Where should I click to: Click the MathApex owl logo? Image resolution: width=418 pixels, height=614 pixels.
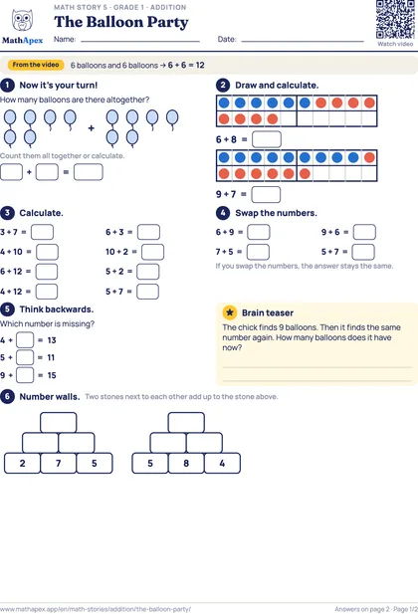click(x=22, y=20)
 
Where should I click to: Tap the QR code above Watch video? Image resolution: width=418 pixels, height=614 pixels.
click(x=395, y=19)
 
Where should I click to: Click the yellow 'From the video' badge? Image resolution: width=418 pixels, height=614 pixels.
click(x=36, y=65)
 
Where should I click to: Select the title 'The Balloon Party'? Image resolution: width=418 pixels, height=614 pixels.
click(x=121, y=22)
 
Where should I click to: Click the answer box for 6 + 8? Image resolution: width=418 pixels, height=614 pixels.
click(x=267, y=139)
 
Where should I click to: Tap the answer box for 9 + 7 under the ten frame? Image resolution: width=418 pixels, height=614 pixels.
click(x=266, y=195)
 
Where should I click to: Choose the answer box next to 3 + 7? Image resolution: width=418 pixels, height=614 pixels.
click(x=43, y=232)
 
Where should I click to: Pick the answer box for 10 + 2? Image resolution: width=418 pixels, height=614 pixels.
click(x=152, y=252)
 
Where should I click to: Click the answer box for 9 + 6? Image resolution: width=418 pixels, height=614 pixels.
click(x=364, y=232)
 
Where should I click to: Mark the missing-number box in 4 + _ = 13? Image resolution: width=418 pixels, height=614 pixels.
click(x=25, y=340)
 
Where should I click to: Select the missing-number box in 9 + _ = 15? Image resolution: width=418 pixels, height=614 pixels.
click(x=25, y=375)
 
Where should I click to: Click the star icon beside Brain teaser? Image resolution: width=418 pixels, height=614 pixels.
click(x=230, y=312)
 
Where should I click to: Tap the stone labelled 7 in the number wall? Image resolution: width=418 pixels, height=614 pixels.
click(x=59, y=464)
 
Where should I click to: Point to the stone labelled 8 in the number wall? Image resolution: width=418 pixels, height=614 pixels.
click(x=186, y=464)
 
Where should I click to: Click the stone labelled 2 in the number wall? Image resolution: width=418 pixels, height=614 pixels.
click(x=22, y=464)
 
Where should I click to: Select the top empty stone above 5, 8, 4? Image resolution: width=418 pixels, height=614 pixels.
click(x=186, y=423)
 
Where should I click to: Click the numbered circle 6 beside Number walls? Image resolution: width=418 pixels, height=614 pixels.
click(x=7, y=396)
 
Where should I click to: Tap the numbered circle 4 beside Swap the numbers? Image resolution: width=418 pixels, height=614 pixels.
click(x=223, y=213)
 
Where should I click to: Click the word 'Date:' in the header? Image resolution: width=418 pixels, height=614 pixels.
click(x=227, y=39)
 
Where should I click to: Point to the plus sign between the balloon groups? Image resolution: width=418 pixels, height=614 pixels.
click(x=92, y=127)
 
